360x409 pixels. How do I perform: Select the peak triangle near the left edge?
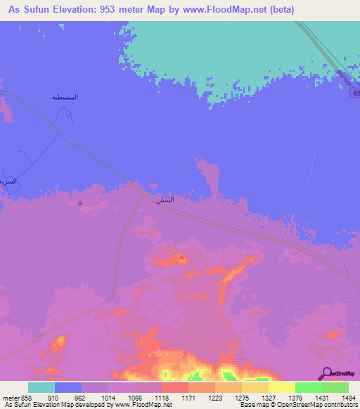pyautogui.click(x=79, y=203)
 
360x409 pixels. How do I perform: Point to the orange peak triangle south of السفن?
pyautogui.click(x=181, y=257)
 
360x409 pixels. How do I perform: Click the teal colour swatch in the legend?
pyautogui.click(x=41, y=387)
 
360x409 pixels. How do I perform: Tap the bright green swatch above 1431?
pyautogui.click(x=309, y=387)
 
